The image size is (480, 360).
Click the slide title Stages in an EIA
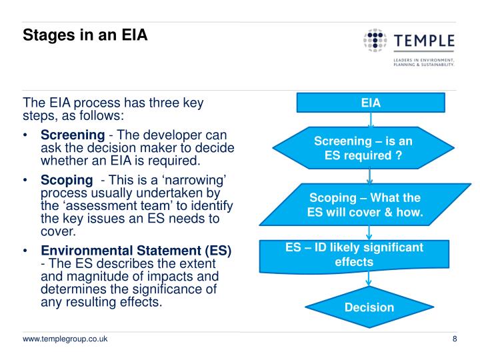pos(85,34)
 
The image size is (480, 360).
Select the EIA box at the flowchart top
pos(370,103)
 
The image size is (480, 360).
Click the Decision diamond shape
pos(369,307)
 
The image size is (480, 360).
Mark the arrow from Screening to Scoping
pos(370,177)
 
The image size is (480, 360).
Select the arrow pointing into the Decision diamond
pos(370,281)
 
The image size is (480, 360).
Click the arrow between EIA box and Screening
pos(370,119)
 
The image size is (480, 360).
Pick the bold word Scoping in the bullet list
pos(67,180)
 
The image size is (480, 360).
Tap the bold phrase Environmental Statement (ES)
pos(136,251)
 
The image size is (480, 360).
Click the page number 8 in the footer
pos(454,340)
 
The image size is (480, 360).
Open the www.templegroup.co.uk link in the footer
pos(66,340)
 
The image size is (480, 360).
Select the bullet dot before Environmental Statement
pos(25,251)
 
